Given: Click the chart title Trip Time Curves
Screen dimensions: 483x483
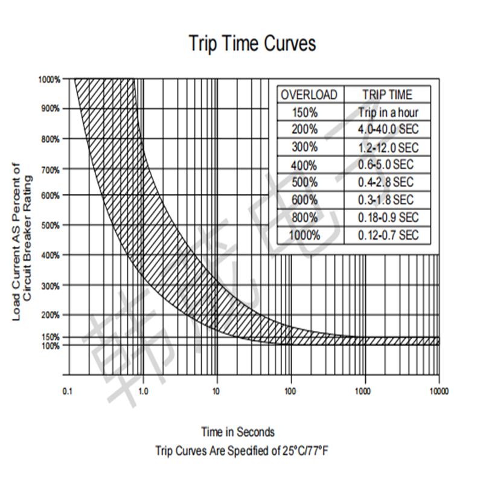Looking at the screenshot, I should (252, 44).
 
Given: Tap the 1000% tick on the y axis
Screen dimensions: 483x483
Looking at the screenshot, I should (50, 79).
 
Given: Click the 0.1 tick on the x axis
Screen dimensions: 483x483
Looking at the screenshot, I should (68, 391).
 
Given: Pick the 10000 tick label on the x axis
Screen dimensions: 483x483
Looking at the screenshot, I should (438, 391).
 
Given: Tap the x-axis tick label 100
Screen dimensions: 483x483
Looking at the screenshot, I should (291, 391).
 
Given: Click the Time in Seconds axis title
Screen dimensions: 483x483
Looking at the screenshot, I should (238, 432).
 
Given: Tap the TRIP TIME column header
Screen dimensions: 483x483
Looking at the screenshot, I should (387, 95).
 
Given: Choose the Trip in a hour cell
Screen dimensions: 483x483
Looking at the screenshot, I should (388, 112).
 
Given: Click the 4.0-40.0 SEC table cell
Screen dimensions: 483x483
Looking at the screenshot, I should (388, 129).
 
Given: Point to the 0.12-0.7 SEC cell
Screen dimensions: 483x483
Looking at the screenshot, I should (388, 235).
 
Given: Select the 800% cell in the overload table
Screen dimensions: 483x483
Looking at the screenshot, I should (304, 217).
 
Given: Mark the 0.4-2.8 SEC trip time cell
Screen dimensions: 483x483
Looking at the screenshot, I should (388, 182).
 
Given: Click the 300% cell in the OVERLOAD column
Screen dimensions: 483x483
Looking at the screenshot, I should (304, 147).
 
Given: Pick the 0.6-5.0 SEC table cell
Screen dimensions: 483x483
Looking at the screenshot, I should (388, 164).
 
